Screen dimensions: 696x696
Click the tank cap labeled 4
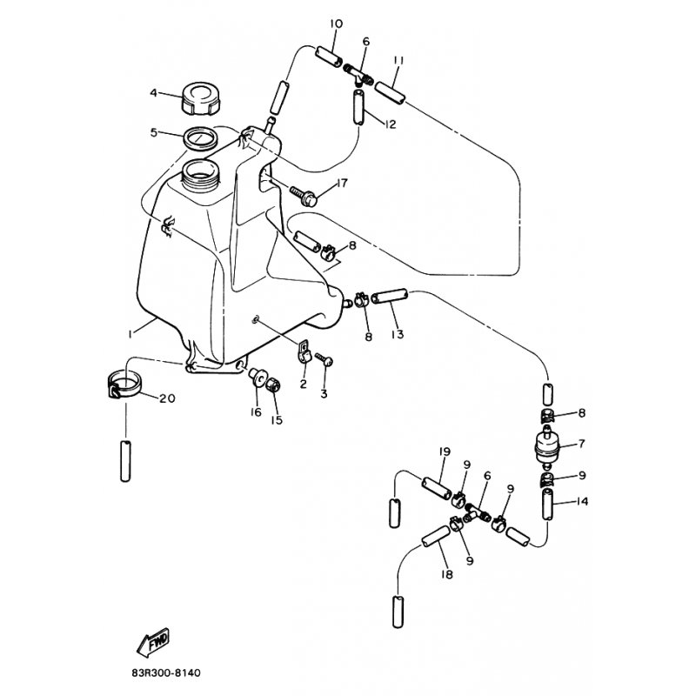tap(201, 98)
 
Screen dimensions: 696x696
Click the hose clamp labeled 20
tap(124, 385)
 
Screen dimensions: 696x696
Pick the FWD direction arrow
tap(153, 643)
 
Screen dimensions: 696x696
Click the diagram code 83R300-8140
tap(166, 673)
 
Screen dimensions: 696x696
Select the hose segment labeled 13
tap(389, 296)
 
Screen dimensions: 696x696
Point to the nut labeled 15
tap(272, 384)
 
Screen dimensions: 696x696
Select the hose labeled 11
tap(390, 93)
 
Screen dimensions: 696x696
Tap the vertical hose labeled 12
tap(358, 107)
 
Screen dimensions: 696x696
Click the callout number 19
tap(445, 452)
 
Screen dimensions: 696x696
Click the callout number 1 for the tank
tap(130, 334)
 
